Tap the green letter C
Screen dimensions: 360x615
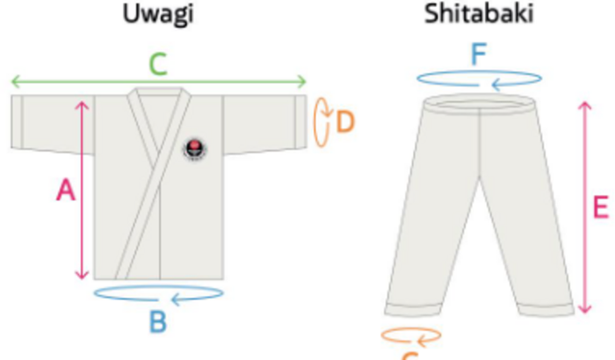pyautogui.click(x=158, y=63)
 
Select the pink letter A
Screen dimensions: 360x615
pyautogui.click(x=65, y=190)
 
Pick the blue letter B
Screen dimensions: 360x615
pyautogui.click(x=157, y=322)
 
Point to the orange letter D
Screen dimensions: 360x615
pyautogui.click(x=344, y=120)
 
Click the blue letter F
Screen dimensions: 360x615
pyautogui.click(x=478, y=55)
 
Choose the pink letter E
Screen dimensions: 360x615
pyautogui.click(x=601, y=208)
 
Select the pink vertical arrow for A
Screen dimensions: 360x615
pyautogui.click(x=83, y=190)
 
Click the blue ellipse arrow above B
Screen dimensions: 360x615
pyautogui.click(x=158, y=293)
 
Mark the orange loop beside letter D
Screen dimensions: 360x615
pyautogui.click(x=322, y=119)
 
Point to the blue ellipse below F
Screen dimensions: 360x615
pyautogui.click(x=478, y=79)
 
